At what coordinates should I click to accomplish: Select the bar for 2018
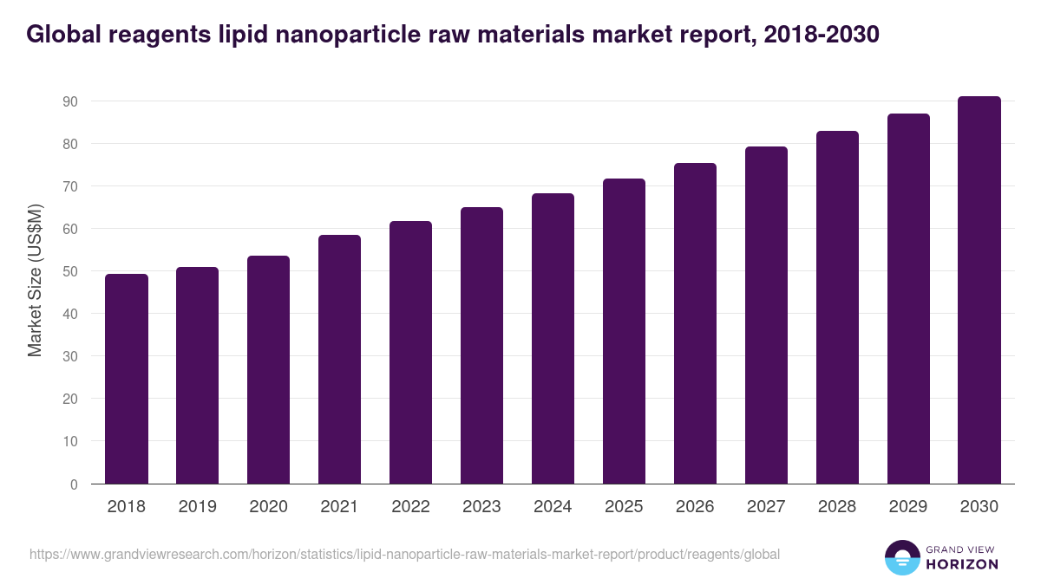coord(127,379)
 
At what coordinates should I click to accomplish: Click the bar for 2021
coord(339,359)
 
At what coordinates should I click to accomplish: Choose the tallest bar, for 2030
coord(979,289)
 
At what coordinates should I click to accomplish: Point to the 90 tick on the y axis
coord(70,101)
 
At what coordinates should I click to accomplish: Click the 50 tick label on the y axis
coord(70,271)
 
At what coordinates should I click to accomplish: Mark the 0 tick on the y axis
coord(74,484)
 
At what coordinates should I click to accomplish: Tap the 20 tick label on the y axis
coord(70,399)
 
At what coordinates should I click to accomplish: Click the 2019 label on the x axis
coord(198,507)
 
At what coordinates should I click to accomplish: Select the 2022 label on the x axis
coord(410,507)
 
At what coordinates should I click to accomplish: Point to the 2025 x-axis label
coord(624,507)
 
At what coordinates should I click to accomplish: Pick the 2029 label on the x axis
coord(908,507)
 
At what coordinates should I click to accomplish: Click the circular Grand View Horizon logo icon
coord(901,557)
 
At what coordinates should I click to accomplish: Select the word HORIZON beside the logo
coord(962,564)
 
